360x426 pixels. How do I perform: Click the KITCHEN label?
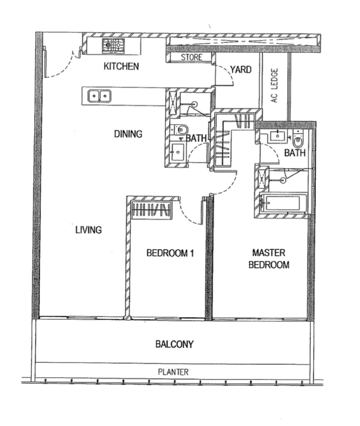point(121,67)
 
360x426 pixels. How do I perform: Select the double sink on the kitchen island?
point(99,95)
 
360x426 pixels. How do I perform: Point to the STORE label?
point(191,58)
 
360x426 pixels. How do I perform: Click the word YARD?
point(240,70)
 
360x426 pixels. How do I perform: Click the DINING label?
point(128,134)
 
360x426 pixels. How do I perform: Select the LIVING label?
point(88,230)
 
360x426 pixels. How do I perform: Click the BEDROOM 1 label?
point(170,253)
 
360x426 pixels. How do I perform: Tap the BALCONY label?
point(175,345)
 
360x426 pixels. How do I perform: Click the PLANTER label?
point(173,372)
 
